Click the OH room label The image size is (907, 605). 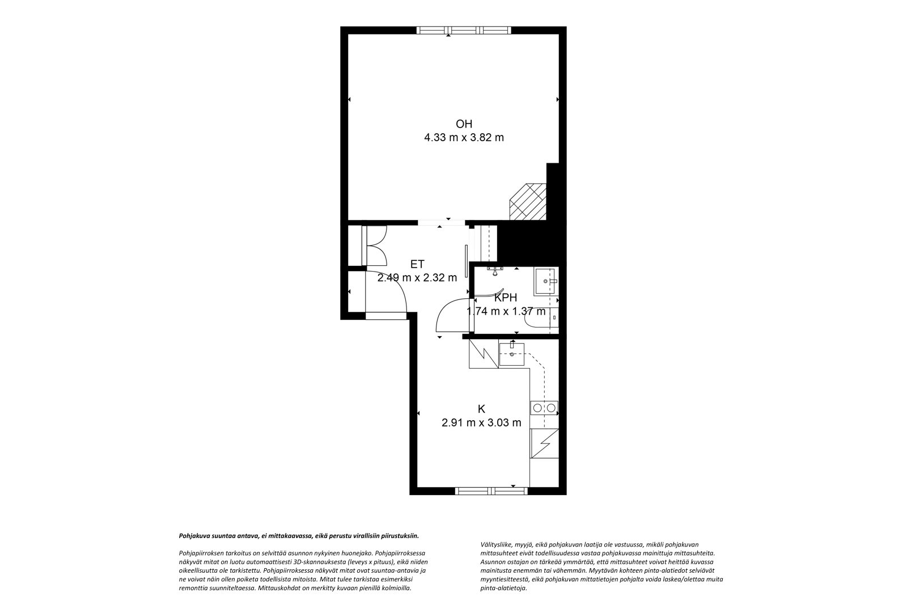coord(464,124)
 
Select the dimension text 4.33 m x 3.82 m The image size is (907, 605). coord(464,138)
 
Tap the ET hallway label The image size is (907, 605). coord(417,264)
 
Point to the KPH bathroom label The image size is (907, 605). coord(506,298)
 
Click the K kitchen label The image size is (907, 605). coord(481,409)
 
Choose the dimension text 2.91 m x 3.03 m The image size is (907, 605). coord(481,423)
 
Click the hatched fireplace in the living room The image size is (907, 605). coord(528,202)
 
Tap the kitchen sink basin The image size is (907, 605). coord(512,354)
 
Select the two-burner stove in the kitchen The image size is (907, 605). coord(544,408)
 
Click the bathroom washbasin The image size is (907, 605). coord(546,281)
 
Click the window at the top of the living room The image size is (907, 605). coord(464,31)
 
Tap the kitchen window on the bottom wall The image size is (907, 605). coord(491,491)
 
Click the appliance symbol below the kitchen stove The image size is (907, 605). coord(544,443)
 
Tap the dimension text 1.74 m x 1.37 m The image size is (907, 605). coord(506,311)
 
